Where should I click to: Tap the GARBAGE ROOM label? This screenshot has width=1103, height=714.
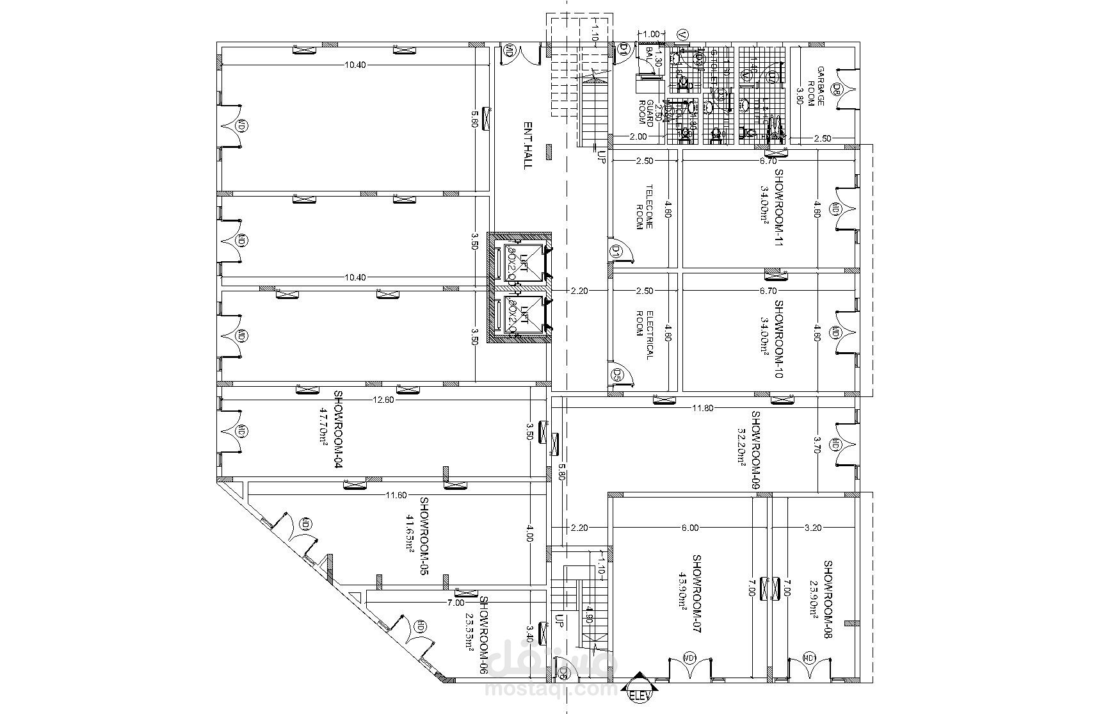pos(815,86)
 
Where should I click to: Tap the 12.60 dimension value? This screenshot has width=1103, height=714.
pos(382,400)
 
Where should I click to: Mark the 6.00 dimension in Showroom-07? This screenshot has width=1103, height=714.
pos(689,528)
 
